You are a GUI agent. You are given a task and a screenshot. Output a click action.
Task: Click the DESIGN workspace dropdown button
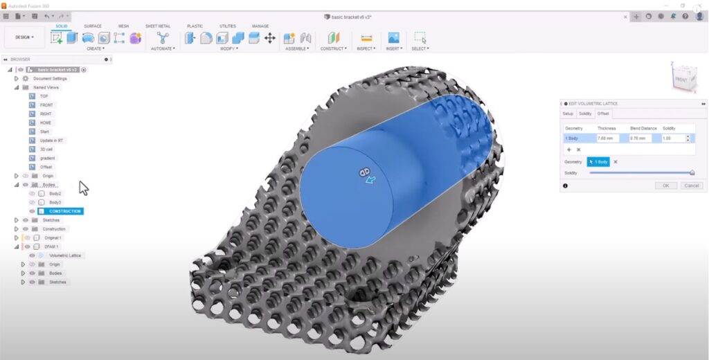pos(24,37)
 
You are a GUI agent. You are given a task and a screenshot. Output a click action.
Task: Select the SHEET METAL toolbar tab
pos(157,26)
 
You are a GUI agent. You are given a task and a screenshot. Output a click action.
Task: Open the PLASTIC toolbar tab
pos(195,26)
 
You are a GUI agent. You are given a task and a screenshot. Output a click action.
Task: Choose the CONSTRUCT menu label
pos(333,48)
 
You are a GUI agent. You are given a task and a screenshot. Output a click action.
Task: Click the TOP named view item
pos(44,96)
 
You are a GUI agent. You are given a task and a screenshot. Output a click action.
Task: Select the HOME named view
pos(46,123)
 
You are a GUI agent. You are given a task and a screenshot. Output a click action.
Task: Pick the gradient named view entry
pos(47,158)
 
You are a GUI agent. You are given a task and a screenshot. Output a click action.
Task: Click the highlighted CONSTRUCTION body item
pos(64,211)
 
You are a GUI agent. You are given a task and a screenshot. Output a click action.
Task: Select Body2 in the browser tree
pos(55,194)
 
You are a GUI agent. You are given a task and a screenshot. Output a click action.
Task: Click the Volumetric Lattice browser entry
pos(64,255)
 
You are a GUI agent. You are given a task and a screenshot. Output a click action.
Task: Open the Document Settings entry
pos(50,79)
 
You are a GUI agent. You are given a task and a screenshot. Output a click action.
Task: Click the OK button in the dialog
pos(665,186)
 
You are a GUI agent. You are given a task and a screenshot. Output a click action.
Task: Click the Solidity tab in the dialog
pos(585,114)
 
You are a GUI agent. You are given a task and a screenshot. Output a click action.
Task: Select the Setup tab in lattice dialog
pos(568,114)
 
